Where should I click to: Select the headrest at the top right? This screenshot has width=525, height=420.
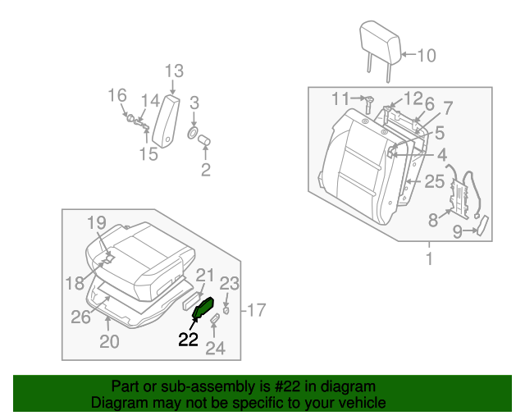[378, 41]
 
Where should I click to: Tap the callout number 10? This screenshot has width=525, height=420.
[427, 56]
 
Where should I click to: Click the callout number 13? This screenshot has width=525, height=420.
[174, 71]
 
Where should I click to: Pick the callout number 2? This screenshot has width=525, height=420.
[205, 170]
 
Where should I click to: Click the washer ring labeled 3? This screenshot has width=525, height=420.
[193, 132]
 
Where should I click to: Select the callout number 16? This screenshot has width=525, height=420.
[118, 95]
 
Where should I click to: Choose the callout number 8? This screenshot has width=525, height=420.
[433, 219]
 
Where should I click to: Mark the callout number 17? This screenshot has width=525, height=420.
[256, 310]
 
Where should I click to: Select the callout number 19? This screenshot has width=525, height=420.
[97, 222]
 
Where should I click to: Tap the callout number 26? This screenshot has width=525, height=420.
[80, 317]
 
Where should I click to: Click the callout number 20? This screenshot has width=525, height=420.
[109, 341]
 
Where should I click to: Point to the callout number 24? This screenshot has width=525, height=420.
[214, 349]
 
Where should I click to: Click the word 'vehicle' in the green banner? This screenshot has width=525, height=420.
[362, 403]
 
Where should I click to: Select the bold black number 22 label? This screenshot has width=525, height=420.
[189, 340]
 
